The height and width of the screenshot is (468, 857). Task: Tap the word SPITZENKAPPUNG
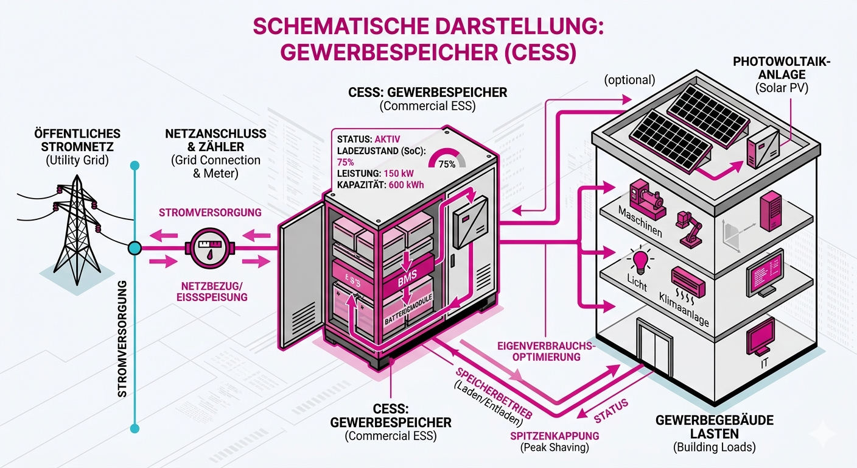[x=553, y=436]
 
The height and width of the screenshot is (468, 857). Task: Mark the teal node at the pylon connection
[x=134, y=248]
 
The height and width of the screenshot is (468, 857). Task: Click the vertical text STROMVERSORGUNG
[x=122, y=338]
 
